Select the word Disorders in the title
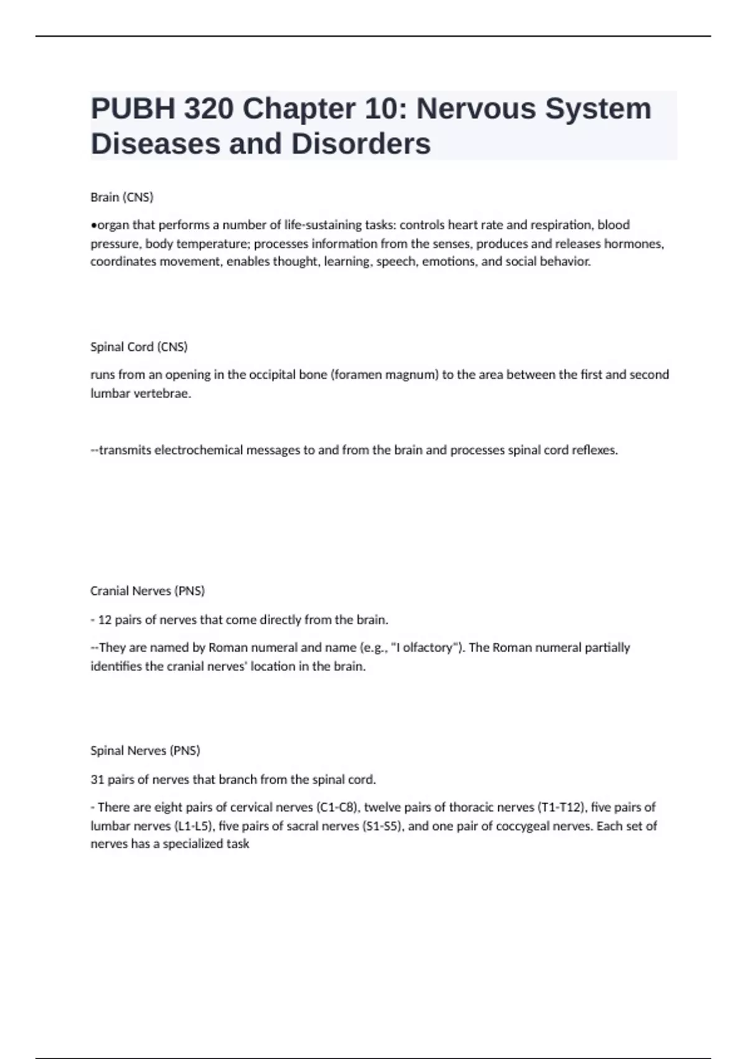pos(361,144)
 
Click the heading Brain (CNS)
pos(122,197)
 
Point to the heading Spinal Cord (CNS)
pos(139,347)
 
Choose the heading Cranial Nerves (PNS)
pos(148,591)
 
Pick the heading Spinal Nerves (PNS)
pos(145,751)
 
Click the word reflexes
pos(594,450)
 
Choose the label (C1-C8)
pos(337,807)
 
